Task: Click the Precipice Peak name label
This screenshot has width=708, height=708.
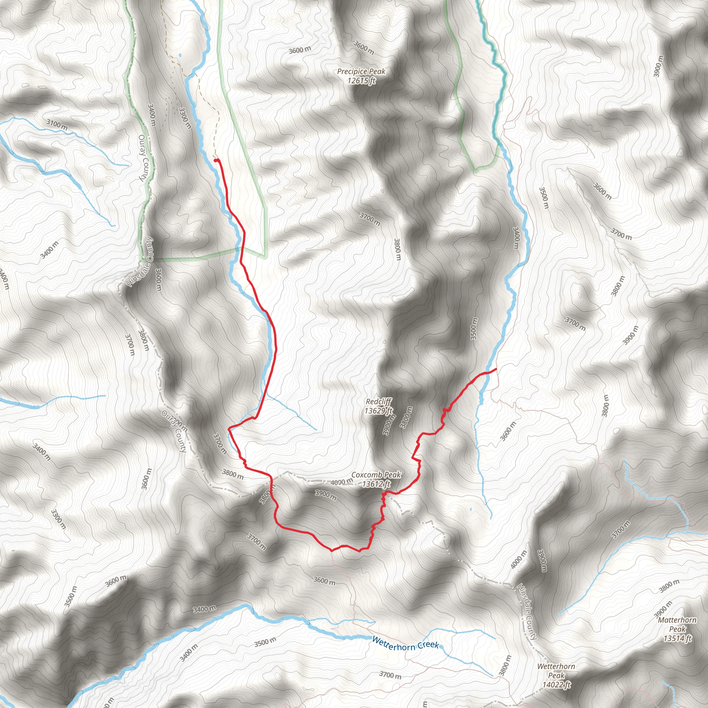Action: pos(361,72)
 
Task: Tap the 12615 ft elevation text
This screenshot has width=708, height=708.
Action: pos(361,81)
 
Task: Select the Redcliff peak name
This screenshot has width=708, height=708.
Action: pos(379,402)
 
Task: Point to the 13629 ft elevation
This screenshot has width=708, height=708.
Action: pos(378,411)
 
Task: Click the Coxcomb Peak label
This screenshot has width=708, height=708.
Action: pos(376,475)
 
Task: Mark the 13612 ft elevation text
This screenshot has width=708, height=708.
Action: pos(376,484)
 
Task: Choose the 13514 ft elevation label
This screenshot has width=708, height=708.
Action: pos(677,639)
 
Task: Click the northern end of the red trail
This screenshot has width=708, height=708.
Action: pos(215,160)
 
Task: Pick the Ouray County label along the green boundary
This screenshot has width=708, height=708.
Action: pos(142,158)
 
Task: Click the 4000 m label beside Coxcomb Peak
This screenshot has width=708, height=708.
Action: pos(342,482)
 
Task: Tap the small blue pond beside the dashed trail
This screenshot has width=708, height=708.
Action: pos(180,56)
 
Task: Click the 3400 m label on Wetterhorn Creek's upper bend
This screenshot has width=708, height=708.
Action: pos(205,609)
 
